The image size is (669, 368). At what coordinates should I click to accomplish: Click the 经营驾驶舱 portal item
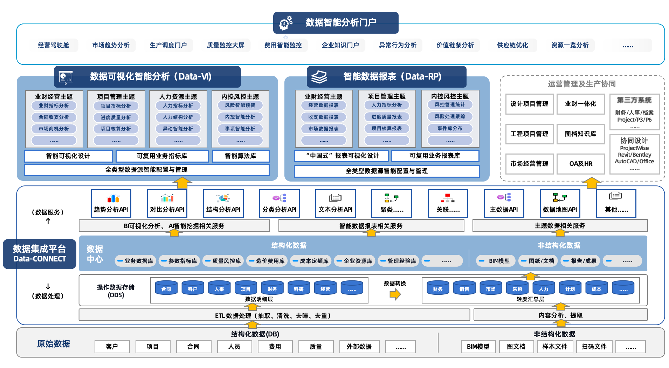tap(54, 45)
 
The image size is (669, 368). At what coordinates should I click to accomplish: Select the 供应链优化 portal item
tap(512, 45)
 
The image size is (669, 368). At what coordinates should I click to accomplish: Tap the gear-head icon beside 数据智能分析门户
tap(285, 23)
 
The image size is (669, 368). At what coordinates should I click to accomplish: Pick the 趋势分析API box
tap(111, 204)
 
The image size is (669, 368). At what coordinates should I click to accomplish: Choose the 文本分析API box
tap(335, 204)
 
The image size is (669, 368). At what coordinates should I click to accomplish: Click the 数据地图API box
tap(560, 204)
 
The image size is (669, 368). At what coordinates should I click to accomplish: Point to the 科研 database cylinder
tap(299, 288)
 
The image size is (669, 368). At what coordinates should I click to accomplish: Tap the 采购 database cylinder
tap(517, 288)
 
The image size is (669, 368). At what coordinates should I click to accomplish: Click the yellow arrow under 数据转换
tap(395, 295)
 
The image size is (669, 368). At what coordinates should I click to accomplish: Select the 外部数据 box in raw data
tap(359, 346)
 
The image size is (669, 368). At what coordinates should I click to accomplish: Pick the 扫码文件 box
tap(594, 346)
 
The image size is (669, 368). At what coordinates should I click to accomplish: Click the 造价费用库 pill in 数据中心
tap(267, 261)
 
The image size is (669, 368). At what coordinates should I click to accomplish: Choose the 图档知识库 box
tap(580, 134)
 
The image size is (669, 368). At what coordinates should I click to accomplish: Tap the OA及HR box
tap(580, 164)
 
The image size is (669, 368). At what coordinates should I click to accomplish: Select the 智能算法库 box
tap(241, 156)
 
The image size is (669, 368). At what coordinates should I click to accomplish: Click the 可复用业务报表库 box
tap(435, 156)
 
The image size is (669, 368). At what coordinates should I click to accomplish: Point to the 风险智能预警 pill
tap(240, 105)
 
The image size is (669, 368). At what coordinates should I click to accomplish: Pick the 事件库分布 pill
tap(450, 128)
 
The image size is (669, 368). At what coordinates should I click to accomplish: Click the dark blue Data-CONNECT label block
tap(40, 254)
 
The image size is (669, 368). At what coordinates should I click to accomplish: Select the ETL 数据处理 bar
tap(274, 315)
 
